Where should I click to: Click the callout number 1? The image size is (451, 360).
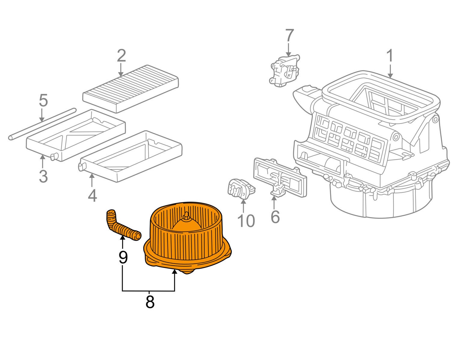point(390,56)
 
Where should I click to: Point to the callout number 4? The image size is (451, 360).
point(92,195)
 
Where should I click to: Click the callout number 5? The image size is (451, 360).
point(43,100)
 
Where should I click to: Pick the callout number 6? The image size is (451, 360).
point(275,217)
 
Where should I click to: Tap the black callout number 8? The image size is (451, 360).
point(149,302)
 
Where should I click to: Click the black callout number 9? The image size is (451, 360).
point(123,257)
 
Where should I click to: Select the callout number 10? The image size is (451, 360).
point(246,221)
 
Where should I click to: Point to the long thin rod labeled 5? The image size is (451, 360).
point(42,124)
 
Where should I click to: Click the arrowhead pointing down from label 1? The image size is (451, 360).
point(390,76)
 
